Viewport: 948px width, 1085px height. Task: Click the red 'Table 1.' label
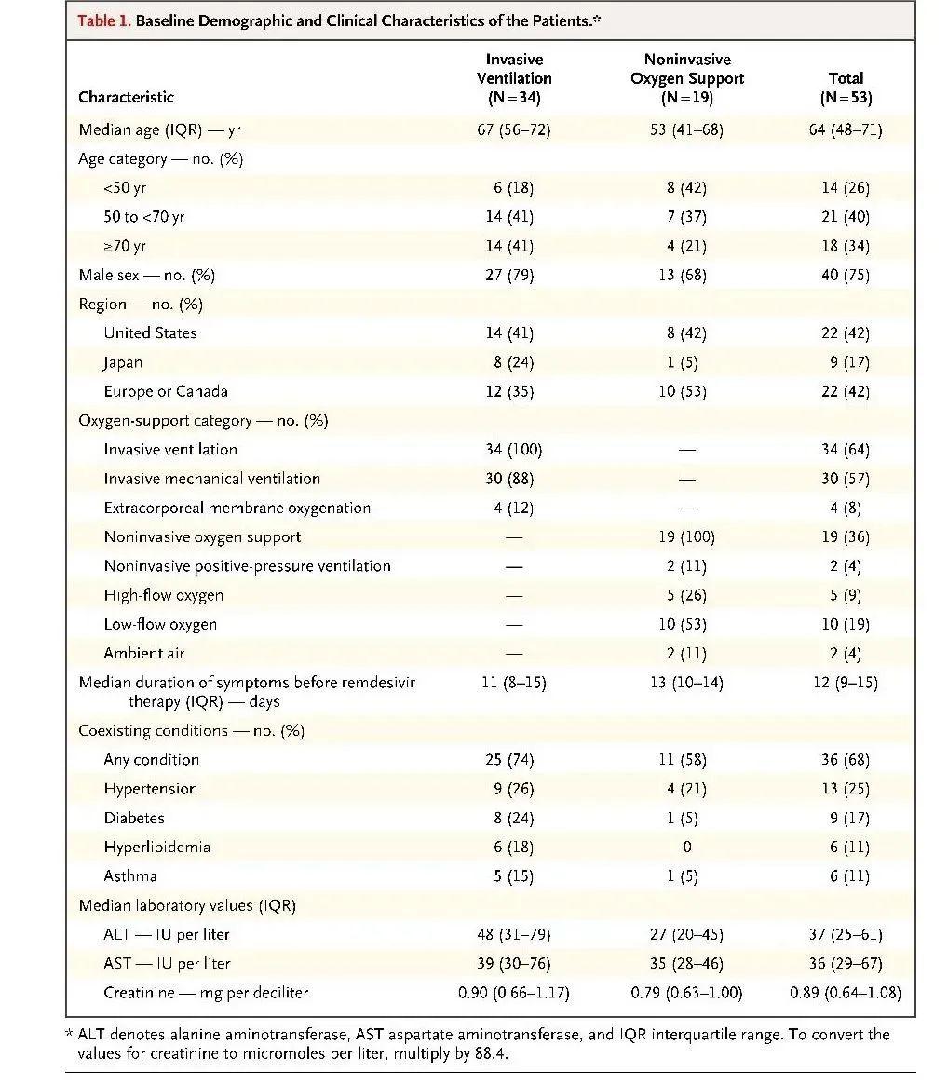(103, 20)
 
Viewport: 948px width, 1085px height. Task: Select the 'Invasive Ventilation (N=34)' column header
(514, 78)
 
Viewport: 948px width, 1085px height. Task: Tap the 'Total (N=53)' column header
(846, 88)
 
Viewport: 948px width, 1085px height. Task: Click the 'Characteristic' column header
(126, 97)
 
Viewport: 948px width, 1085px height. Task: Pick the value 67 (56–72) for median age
(513, 129)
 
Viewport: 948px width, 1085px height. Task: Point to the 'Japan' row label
(123, 362)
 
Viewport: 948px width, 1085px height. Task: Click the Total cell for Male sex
(845, 275)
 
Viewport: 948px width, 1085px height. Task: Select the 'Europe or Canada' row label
(166, 391)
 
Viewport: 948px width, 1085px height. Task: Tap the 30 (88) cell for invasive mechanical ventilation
(509, 478)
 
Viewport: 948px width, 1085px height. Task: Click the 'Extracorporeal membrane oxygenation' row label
(237, 508)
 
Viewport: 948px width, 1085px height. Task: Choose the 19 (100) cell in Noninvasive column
(686, 537)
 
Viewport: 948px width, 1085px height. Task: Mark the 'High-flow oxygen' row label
(163, 595)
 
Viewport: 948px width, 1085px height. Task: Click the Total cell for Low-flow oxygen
(845, 624)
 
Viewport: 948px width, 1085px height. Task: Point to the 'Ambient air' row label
(144, 653)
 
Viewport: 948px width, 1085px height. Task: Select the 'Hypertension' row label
(150, 789)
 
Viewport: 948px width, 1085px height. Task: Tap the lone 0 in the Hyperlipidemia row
(686, 847)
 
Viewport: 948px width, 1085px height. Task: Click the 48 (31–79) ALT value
(513, 934)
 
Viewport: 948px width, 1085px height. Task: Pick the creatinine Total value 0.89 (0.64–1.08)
(845, 992)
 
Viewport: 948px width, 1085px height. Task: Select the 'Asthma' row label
(130, 876)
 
